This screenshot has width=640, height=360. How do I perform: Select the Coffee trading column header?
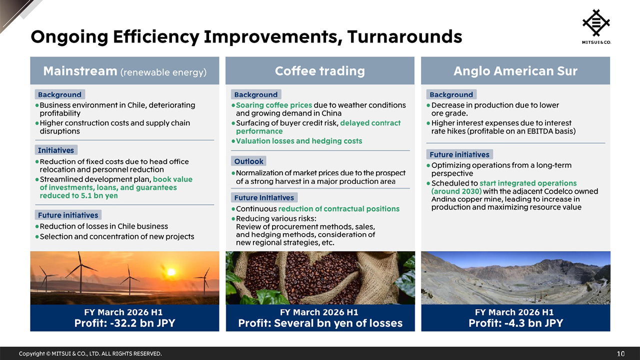point(319,71)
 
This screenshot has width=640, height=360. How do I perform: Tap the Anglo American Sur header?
point(515,71)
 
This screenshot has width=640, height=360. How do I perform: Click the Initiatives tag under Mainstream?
point(56,150)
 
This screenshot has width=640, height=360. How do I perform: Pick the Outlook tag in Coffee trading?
point(249,161)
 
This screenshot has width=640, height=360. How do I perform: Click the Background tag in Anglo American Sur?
point(451,94)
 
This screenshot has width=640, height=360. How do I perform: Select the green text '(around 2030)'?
point(456,191)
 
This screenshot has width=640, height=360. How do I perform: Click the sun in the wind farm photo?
point(171,272)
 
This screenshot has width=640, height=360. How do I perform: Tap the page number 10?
point(620,353)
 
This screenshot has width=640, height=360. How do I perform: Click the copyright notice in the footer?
point(90,353)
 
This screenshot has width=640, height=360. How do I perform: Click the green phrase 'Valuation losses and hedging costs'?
point(298,141)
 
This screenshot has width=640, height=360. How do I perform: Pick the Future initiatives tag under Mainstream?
point(68,215)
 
